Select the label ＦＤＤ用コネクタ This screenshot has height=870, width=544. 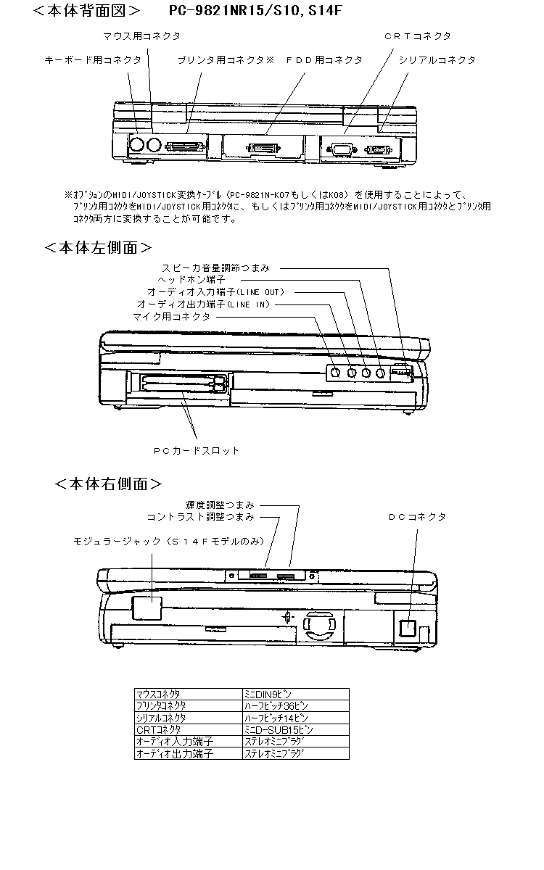coord(323,60)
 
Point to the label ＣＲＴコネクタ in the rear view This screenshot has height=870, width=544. coord(417,36)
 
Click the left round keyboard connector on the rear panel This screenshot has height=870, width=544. coord(136,145)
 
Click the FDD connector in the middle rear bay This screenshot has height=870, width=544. coord(264,149)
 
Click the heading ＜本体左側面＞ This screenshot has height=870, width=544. coord(98,247)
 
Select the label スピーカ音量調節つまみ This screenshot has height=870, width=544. coord(215,268)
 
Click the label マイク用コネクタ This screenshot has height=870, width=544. coord(172,317)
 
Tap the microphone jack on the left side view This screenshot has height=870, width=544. coord(335,373)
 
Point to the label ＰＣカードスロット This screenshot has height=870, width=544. coord(196,450)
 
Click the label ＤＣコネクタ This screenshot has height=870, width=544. coord(417,517)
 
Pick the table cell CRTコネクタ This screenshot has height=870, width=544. coord(159,729)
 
